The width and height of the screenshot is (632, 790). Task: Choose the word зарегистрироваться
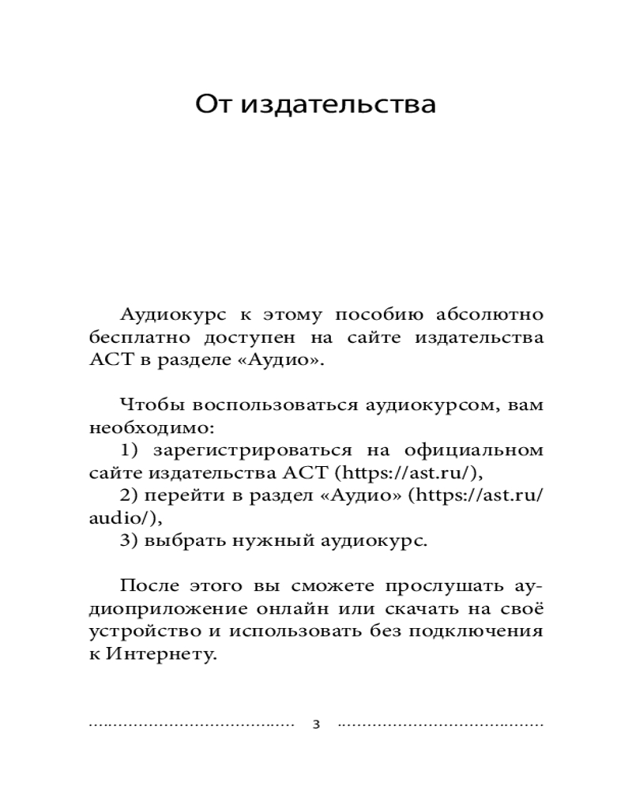pos(253,451)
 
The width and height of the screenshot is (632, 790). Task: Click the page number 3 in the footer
pos(316,724)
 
